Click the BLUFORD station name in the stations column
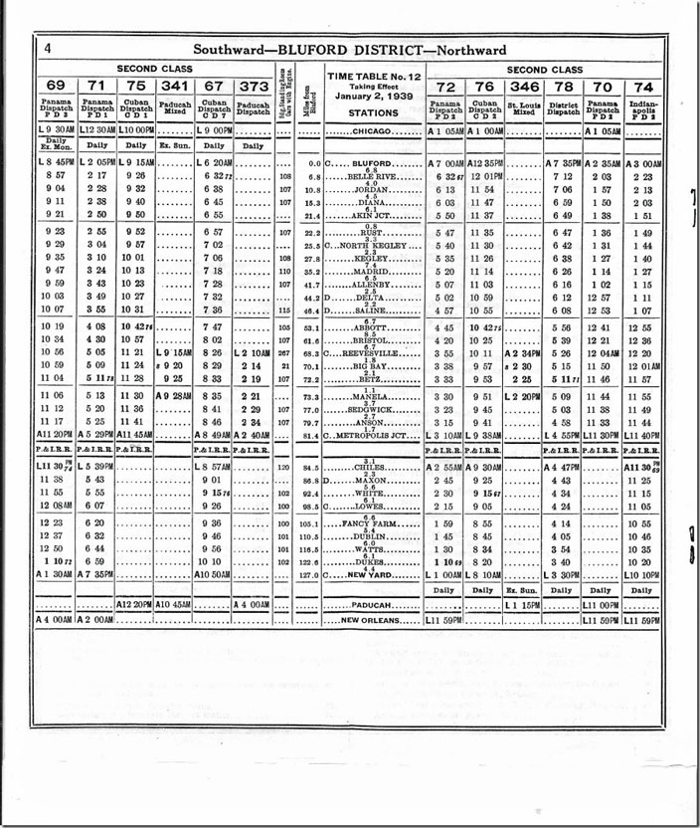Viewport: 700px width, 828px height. (x=369, y=161)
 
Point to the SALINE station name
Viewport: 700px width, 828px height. (x=369, y=311)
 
